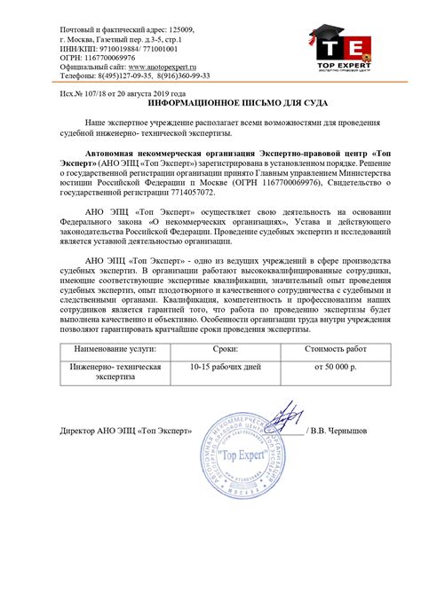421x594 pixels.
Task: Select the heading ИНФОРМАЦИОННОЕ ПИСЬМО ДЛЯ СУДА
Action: (x=210, y=104)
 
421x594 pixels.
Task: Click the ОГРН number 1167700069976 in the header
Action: (x=104, y=57)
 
